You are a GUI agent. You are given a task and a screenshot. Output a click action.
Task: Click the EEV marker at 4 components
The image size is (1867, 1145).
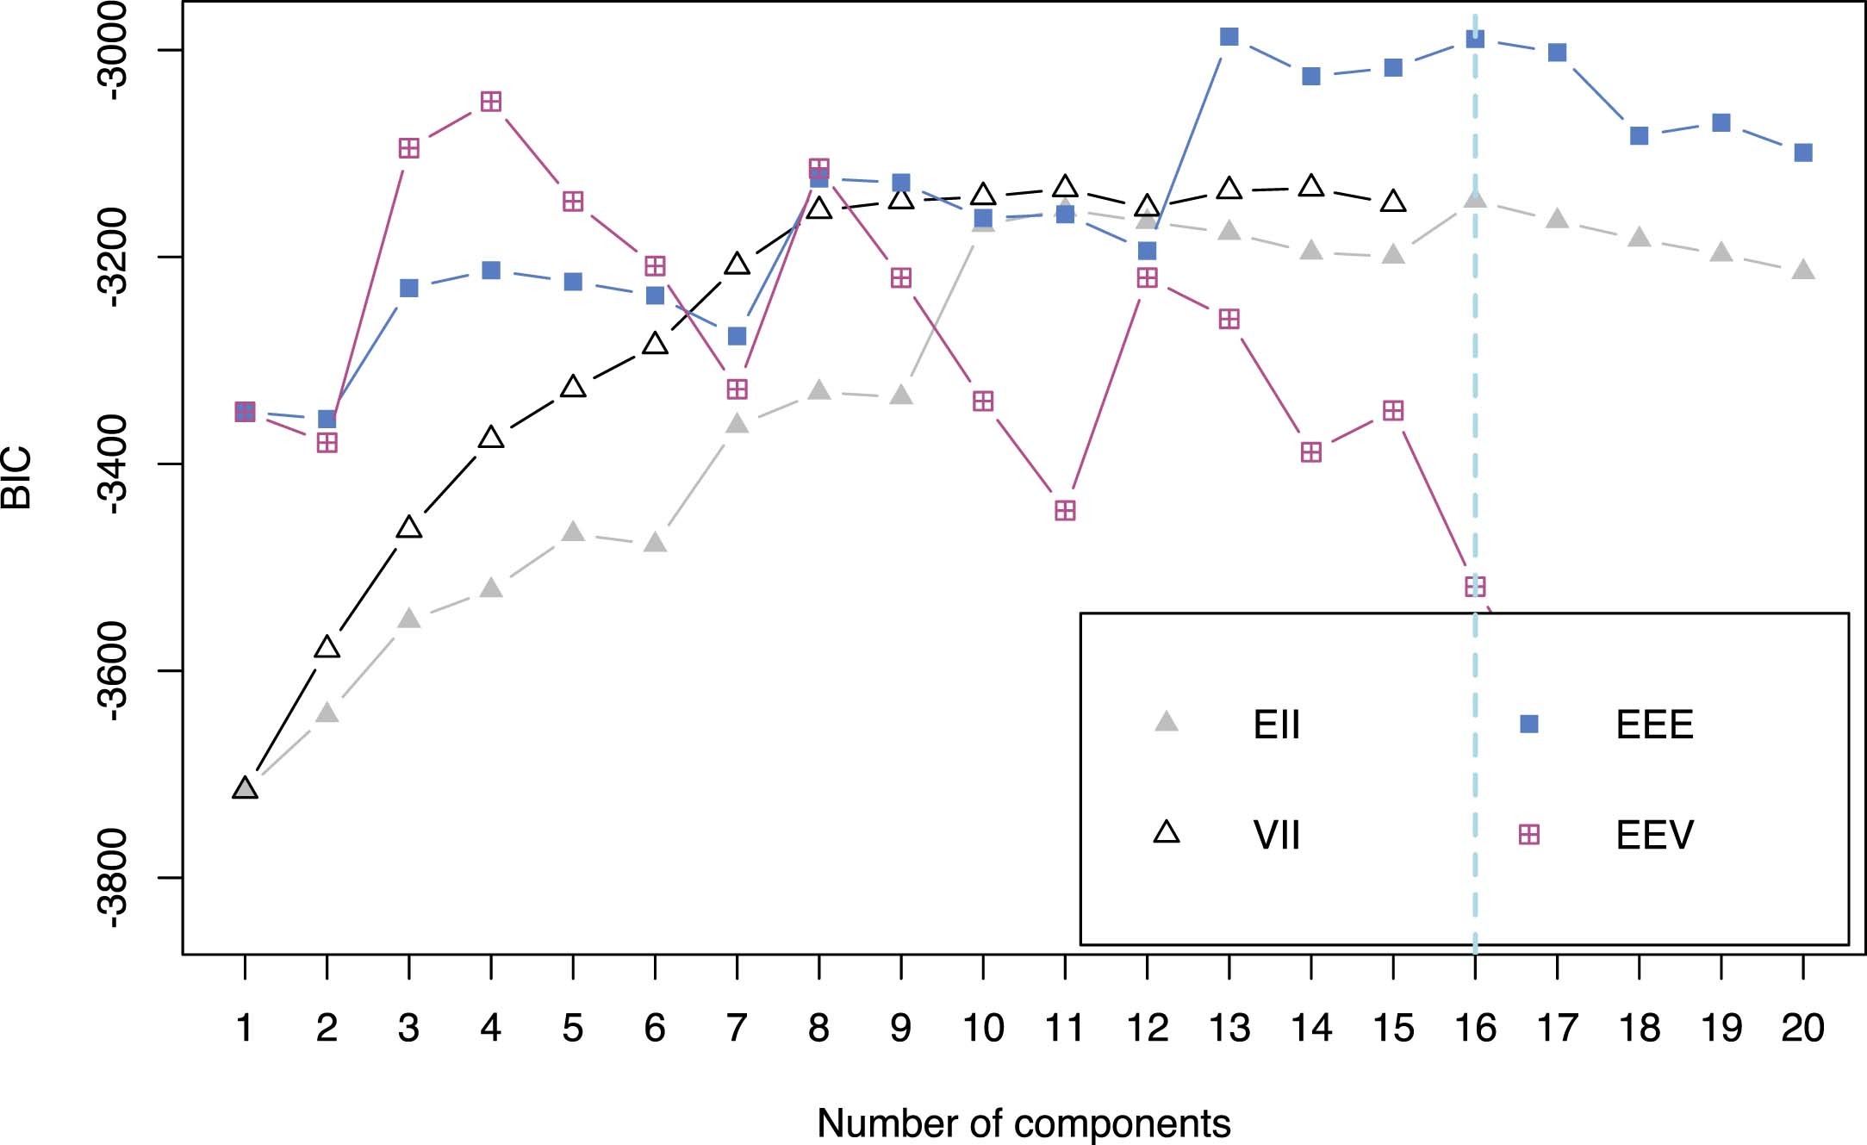[x=491, y=103]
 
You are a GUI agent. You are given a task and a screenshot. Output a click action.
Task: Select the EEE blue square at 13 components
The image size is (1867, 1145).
[x=1229, y=36]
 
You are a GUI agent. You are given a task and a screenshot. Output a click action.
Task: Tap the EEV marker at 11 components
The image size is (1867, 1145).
[x=1065, y=511]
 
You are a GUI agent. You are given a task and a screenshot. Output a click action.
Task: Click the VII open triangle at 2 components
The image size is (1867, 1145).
[x=327, y=647]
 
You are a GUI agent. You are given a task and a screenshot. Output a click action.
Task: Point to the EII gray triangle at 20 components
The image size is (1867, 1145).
[x=1803, y=271]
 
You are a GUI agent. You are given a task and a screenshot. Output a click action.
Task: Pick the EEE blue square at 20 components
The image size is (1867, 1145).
[x=1803, y=152]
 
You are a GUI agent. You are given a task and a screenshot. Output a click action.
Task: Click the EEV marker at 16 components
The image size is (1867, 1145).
[x=1475, y=587]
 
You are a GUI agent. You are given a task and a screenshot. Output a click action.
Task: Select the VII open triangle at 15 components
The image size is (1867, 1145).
[x=1393, y=202]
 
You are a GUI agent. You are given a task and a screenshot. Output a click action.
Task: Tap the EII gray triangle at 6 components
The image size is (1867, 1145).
[x=655, y=542]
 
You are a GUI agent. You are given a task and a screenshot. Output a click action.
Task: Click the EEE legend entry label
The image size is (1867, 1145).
[x=1654, y=725]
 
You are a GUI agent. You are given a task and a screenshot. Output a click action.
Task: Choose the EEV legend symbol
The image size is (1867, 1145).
[x=1528, y=834]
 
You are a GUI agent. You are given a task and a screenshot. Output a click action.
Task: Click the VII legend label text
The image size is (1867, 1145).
[x=1276, y=835]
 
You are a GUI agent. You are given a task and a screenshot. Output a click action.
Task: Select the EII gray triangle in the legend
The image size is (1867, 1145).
[x=1166, y=722]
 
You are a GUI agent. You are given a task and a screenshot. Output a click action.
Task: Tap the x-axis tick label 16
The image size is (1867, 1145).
[x=1475, y=1028]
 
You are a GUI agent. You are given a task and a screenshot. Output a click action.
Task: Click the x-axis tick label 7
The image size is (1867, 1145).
[x=737, y=1028]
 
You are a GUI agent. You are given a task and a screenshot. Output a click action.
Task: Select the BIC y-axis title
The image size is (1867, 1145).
[x=17, y=478]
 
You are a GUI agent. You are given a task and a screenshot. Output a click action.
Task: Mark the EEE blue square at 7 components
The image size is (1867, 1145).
[x=737, y=336]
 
